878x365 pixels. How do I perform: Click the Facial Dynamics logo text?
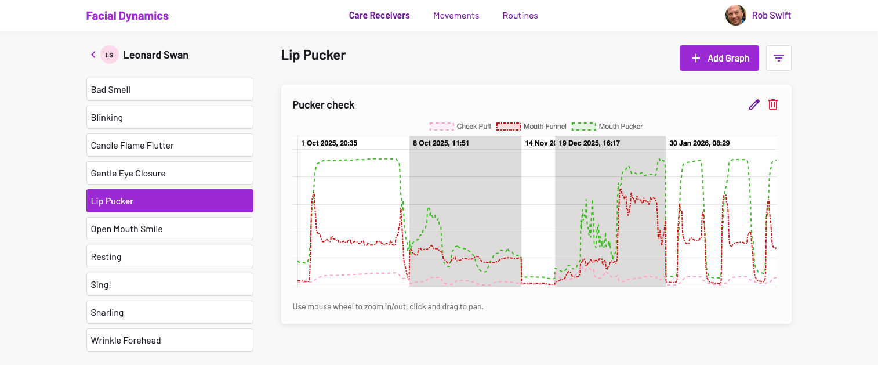tap(127, 16)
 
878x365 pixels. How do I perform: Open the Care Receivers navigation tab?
tap(379, 16)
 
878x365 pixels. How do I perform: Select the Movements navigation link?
tap(456, 16)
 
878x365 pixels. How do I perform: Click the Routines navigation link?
tap(520, 16)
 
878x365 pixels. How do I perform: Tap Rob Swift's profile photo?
tap(735, 16)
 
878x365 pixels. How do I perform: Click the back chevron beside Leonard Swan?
tap(93, 55)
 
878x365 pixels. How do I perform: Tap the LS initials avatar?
tap(109, 55)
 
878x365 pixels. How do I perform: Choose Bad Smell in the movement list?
tap(169, 89)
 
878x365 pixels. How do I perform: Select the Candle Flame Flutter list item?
tap(169, 145)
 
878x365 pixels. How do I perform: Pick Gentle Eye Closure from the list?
tap(169, 173)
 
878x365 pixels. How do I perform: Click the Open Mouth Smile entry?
tap(169, 229)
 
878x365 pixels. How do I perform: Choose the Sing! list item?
tap(169, 284)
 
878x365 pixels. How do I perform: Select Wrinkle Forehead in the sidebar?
tap(169, 340)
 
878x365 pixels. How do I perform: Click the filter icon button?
tap(778, 58)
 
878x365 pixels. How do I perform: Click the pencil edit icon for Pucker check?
tap(754, 104)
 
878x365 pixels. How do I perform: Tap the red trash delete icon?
tap(773, 104)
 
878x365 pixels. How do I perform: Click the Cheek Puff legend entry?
tap(460, 127)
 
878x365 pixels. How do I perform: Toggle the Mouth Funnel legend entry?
tap(531, 127)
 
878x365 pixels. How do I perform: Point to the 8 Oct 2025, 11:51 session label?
tap(441, 143)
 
